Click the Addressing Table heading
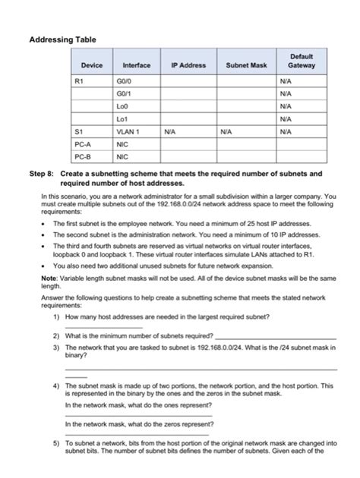coord(62,38)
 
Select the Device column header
coord(91,65)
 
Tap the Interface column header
coord(137,65)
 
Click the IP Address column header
coord(188,65)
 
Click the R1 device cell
coord(80,79)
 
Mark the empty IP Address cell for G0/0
coord(188,79)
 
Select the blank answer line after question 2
coord(286,337)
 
